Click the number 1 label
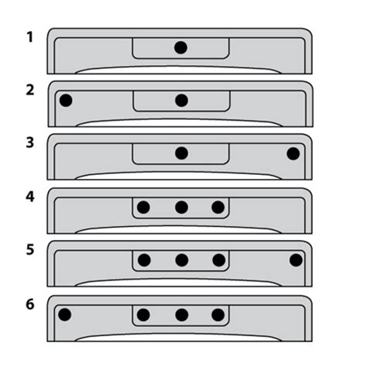click(x=30, y=37)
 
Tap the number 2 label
click(x=30, y=90)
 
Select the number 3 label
click(x=30, y=142)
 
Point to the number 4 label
click(x=30, y=197)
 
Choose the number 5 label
click(x=30, y=250)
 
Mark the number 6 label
click(x=30, y=304)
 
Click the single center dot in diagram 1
click(x=180, y=47)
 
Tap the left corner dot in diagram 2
click(x=66, y=101)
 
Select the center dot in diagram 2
click(x=181, y=101)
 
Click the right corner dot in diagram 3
click(x=293, y=153)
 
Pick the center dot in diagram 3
click(x=181, y=153)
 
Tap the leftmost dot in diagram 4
click(x=143, y=208)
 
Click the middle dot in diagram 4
click(x=181, y=208)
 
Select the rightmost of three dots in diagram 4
click(x=218, y=208)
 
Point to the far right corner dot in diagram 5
click(x=296, y=260)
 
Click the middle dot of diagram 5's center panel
click(x=182, y=260)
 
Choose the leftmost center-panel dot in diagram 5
click(x=144, y=260)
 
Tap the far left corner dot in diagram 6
click(x=65, y=314)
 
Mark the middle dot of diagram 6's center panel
click(x=182, y=315)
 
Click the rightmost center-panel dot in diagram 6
click(x=218, y=315)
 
